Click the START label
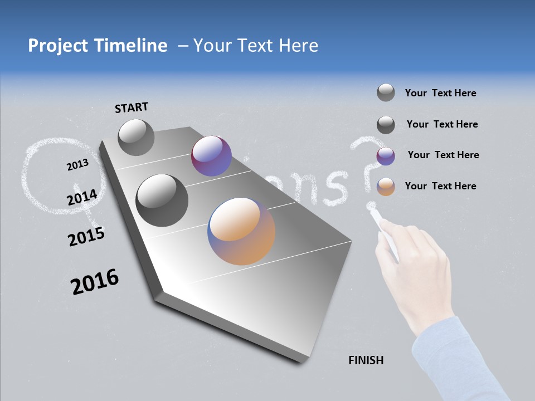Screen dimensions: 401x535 [132, 107]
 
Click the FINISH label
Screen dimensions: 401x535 [366, 360]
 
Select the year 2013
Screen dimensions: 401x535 [77, 165]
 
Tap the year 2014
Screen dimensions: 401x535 [82, 197]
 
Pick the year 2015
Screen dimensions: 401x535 [86, 237]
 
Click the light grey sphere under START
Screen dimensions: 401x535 [136, 137]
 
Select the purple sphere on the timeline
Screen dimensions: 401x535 [211, 156]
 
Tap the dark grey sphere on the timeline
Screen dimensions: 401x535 [162, 200]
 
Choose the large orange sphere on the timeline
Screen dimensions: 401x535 [241, 231]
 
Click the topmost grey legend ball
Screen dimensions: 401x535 [386, 92]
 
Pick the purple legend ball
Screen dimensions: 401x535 [386, 156]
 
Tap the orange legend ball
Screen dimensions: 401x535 [386, 187]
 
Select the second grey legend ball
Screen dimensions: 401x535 [386, 125]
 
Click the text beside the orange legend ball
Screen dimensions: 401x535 [440, 186]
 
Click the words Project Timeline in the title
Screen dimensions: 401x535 [98, 46]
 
